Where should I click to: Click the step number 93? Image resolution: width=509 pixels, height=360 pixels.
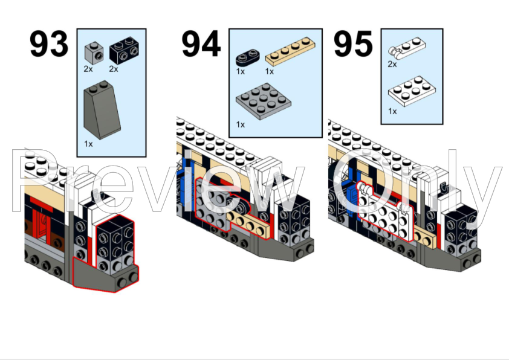[x=50, y=44]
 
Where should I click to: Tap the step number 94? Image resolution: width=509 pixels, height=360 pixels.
[x=201, y=44]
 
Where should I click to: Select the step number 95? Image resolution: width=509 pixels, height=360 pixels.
[x=354, y=44]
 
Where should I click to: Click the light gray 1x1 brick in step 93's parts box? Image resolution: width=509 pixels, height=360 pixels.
[x=92, y=51]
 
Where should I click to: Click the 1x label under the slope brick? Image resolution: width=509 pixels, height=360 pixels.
[x=89, y=144]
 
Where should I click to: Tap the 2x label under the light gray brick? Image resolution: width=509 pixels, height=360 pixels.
[x=89, y=69]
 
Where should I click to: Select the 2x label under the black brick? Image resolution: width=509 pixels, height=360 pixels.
[x=114, y=69]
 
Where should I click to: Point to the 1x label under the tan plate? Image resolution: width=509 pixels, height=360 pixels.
[x=269, y=71]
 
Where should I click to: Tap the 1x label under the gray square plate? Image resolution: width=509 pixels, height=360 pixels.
[x=240, y=124]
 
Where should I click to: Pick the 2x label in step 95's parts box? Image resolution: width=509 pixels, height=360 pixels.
[x=392, y=64]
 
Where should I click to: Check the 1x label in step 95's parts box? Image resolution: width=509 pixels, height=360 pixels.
[x=392, y=111]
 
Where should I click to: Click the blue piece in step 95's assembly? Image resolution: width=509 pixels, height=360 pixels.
[x=350, y=194]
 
